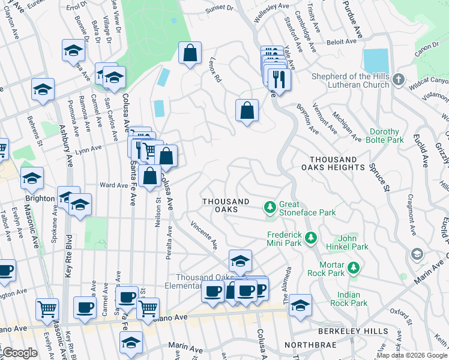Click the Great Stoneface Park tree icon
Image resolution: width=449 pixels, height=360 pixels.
click(x=271, y=208)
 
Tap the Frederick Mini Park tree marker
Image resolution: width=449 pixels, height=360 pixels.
click(x=310, y=239)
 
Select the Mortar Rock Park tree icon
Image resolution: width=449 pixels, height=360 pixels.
click(x=354, y=267)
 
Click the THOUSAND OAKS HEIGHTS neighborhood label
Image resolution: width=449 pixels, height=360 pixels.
click(x=337, y=164)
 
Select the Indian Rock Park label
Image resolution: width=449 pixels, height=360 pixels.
click(x=349, y=299)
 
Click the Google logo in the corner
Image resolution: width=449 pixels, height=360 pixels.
click(x=20, y=353)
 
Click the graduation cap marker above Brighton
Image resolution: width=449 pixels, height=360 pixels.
click(x=32, y=178)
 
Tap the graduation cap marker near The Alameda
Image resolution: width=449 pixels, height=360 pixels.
click(x=300, y=305)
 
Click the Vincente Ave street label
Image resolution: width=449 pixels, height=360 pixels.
click(x=205, y=235)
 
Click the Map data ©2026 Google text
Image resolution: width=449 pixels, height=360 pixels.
click(x=412, y=355)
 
